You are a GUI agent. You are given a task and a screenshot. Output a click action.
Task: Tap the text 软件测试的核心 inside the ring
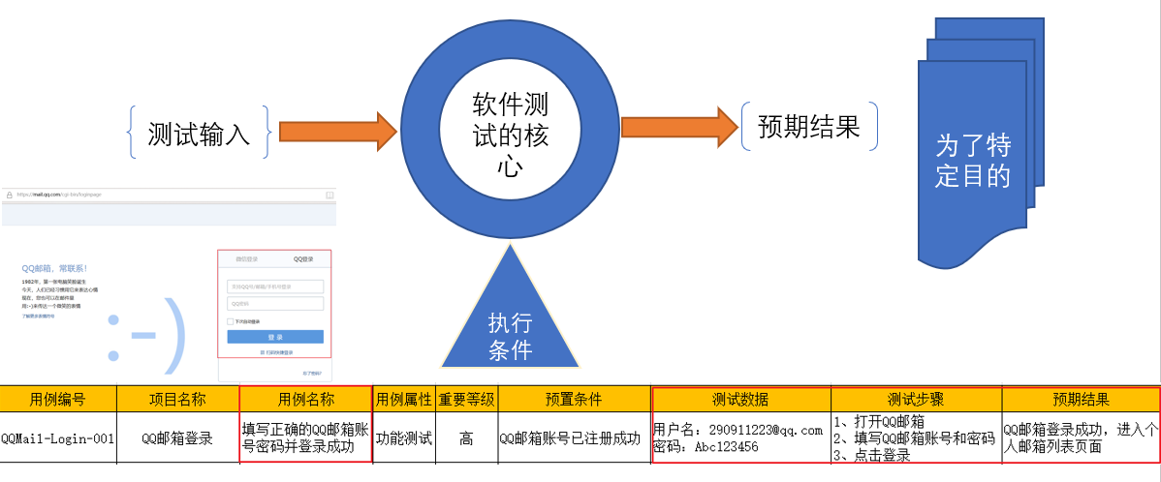click(511, 135)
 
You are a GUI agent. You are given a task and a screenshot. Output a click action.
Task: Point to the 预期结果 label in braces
click(809, 127)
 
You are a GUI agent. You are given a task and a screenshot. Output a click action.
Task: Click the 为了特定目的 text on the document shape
click(973, 161)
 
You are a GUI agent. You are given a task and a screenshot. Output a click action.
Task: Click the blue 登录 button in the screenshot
click(275, 337)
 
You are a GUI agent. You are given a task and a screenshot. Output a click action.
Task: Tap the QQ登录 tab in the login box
click(303, 259)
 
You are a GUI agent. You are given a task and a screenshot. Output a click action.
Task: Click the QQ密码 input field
click(275, 303)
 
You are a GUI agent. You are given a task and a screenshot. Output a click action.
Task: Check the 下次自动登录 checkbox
click(230, 320)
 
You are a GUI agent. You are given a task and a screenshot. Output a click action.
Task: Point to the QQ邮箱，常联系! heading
click(54, 267)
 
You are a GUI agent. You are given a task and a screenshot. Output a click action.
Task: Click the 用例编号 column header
click(58, 399)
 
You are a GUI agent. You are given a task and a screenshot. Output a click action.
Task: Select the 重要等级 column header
click(466, 399)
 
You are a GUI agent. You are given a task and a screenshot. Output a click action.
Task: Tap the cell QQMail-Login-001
click(58, 438)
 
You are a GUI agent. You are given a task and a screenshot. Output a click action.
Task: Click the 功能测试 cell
click(403, 438)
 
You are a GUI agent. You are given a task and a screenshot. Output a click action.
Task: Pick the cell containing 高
click(466, 438)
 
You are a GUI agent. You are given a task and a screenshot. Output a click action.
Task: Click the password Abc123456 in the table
click(718, 447)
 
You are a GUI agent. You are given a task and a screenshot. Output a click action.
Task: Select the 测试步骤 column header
click(916, 399)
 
